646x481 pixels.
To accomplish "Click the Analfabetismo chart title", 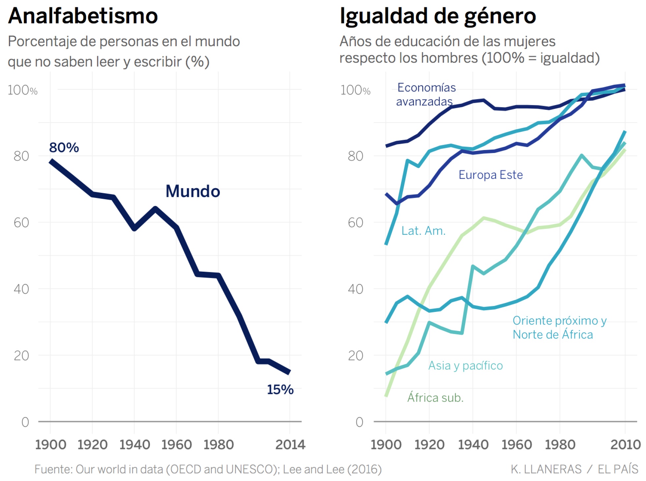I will pos(83,16).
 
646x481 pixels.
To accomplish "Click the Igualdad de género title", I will pos(437,16).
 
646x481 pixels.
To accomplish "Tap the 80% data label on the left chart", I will pos(64,147).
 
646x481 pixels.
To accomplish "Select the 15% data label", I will pos(280,389).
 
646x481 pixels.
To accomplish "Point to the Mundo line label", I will pos(193,191).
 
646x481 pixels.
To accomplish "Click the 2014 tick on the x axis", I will pos(290,445).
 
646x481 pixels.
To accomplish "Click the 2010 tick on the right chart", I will pos(625,445).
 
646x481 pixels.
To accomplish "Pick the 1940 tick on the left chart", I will pos(134,445).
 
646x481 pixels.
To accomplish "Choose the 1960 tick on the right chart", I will pos(516,445).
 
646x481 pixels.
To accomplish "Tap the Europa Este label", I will pos(490,175).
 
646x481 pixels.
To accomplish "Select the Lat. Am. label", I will pos(423,231).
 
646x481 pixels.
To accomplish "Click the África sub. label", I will pos(435,398).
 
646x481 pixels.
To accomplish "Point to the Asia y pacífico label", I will pos(465,366).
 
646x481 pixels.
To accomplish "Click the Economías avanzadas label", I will pos(426,94).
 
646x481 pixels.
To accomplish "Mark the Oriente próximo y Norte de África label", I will pos(559,327).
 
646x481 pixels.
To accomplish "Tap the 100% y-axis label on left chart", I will pos(22,90).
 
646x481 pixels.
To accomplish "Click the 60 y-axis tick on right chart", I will pos(355,223).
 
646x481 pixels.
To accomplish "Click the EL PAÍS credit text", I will pos(618,469).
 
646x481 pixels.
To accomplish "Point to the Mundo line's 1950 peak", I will pos(155,209).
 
